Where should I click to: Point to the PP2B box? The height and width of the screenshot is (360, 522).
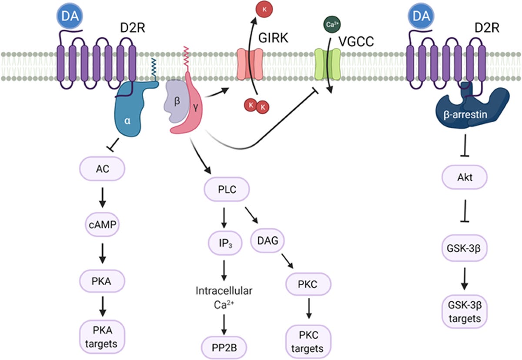point(223,348)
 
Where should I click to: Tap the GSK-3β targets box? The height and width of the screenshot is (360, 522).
point(463,312)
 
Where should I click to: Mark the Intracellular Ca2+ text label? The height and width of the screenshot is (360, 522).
point(223,296)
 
